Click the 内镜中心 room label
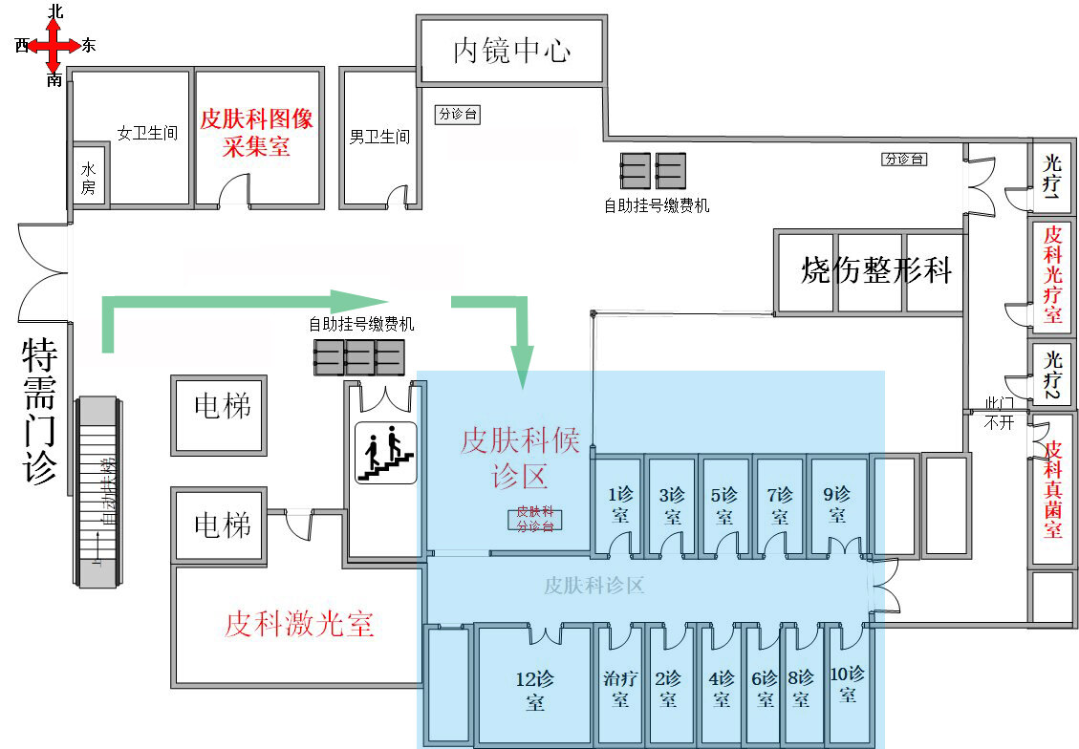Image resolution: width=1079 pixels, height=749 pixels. point(511,51)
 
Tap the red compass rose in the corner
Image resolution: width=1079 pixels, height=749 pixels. point(54,45)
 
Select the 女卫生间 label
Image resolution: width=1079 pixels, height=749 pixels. point(147,134)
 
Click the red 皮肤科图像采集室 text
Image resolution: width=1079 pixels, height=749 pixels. point(256,133)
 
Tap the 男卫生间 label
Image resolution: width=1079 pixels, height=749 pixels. point(379,137)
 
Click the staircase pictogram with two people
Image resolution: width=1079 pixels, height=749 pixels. point(386,452)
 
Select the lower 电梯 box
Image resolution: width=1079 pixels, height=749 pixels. point(222,524)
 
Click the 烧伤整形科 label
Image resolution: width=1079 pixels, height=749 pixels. point(876,270)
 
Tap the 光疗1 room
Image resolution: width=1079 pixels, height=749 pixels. point(1052,175)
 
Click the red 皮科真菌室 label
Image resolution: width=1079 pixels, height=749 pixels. point(1052,488)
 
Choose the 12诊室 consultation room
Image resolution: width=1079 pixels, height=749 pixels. point(534,690)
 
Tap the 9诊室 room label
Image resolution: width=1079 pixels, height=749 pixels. point(837,504)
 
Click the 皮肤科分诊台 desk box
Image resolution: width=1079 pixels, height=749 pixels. point(535,519)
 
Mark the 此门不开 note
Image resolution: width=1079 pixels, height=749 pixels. point(999,414)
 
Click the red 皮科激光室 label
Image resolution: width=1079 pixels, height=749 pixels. point(298,625)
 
